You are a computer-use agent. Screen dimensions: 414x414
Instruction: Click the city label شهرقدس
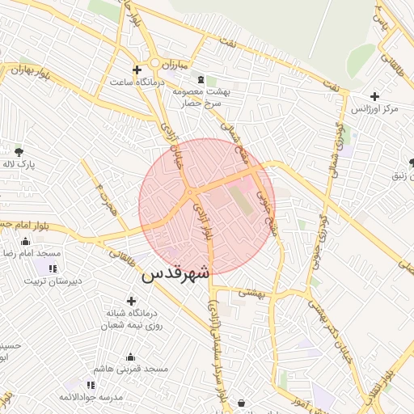(x=175, y=274)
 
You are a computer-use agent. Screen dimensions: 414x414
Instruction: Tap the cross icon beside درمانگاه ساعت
(x=137, y=70)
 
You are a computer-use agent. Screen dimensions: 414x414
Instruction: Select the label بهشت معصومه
(x=201, y=92)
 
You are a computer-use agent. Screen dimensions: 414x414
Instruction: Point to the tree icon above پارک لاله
(x=18, y=150)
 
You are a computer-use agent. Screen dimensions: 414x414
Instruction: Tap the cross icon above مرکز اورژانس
(x=375, y=95)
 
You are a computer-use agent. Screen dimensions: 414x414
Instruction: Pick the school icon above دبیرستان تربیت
(x=52, y=268)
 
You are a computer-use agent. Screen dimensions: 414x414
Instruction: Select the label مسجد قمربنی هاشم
(x=129, y=369)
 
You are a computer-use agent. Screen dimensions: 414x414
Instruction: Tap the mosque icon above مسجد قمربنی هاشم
(x=129, y=357)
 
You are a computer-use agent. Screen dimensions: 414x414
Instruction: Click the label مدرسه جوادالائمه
(x=90, y=398)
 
